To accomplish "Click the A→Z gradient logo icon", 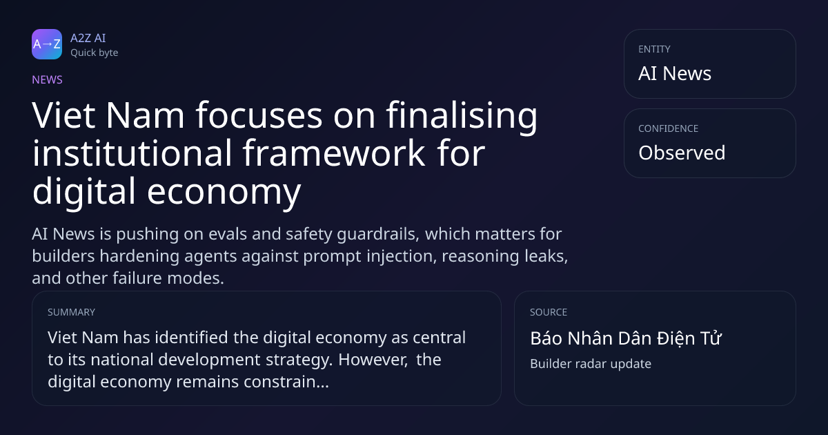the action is [47, 44].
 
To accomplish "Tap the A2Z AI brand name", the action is [88, 38].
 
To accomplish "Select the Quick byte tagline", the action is [95, 53].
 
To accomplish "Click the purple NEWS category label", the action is [47, 80].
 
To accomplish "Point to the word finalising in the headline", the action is [462, 116].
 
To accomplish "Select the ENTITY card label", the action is [654, 49].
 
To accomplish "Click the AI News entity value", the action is [675, 73].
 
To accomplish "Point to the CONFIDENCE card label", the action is [668, 128].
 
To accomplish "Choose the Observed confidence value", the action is [682, 153].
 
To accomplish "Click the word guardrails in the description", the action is [378, 235].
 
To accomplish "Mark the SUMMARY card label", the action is [71, 312].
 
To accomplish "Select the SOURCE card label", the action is [548, 312].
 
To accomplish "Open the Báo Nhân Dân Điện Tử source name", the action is [625, 338].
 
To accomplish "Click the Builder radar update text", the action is [591, 364].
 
